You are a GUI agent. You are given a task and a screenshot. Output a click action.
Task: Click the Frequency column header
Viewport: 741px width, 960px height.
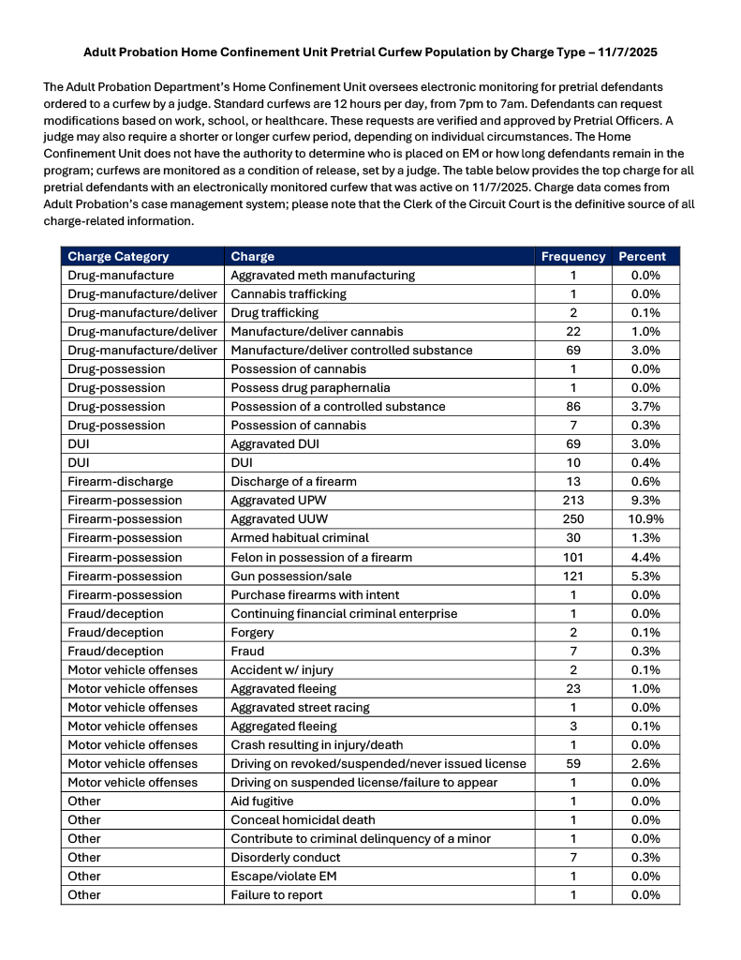coord(573,256)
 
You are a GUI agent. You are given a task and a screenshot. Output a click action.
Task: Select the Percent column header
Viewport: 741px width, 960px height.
coord(642,256)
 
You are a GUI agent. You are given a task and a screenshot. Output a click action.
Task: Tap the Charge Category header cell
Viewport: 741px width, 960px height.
coord(118,256)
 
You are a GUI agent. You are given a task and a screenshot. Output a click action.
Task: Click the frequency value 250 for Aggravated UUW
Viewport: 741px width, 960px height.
coord(573,519)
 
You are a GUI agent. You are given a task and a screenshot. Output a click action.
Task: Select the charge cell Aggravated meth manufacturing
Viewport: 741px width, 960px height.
coord(322,276)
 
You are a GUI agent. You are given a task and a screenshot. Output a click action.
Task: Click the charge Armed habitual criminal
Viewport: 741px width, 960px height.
coord(300,538)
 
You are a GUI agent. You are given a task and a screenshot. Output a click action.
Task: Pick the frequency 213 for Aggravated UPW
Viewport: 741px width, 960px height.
coord(573,501)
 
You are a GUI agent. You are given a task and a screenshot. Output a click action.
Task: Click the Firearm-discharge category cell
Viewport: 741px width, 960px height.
coord(120,482)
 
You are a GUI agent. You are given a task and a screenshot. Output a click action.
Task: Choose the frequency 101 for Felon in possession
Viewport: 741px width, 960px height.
coord(573,557)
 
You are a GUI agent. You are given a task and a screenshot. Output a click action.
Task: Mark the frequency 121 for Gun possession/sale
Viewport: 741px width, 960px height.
coord(573,576)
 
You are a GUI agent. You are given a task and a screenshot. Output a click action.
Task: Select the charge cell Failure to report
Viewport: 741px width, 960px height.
coord(276,894)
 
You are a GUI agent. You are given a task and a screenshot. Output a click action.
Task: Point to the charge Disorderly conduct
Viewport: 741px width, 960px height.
coord(286,857)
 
